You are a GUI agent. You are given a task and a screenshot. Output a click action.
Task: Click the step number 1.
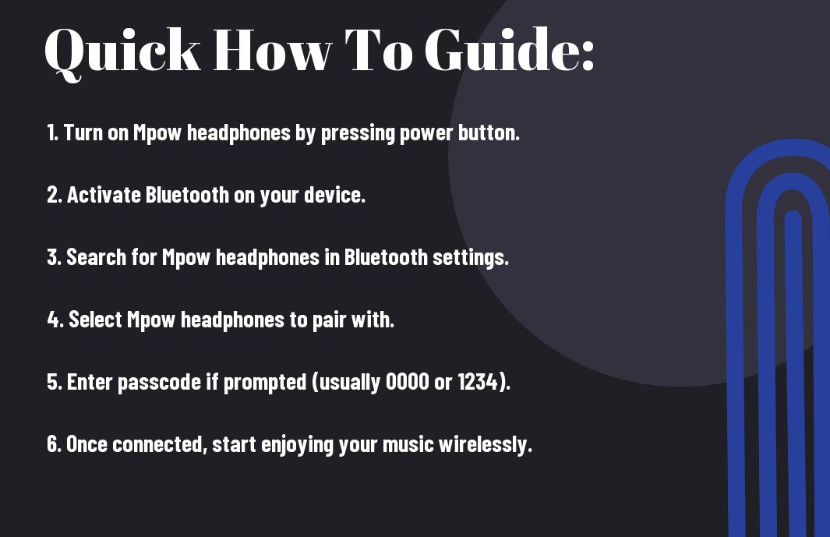pyautogui.click(x=52, y=132)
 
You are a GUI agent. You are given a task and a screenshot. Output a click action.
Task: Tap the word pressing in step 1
pyautogui.click(x=358, y=133)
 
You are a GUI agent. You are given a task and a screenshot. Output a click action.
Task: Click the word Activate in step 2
pyautogui.click(x=104, y=195)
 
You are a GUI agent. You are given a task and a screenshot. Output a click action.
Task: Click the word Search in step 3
pyautogui.click(x=97, y=257)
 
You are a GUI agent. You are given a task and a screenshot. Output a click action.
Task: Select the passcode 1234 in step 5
pyautogui.click(x=478, y=382)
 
